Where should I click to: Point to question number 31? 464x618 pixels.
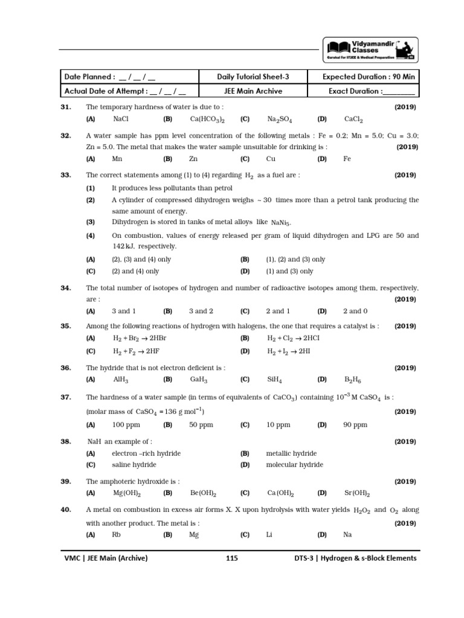click(66, 107)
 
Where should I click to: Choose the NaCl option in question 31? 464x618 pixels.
click(121, 119)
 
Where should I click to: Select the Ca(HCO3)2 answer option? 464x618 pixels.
click(207, 119)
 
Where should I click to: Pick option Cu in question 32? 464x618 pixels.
click(271, 159)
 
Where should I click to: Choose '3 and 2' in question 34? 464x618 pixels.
click(201, 311)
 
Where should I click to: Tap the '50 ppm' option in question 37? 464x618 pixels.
click(201, 425)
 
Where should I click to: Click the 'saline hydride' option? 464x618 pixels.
click(134, 465)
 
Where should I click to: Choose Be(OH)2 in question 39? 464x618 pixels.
click(204, 494)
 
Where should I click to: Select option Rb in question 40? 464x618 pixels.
click(117, 535)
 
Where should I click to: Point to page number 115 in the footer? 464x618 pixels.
click(232, 558)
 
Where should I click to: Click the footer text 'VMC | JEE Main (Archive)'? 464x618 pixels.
click(106, 558)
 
